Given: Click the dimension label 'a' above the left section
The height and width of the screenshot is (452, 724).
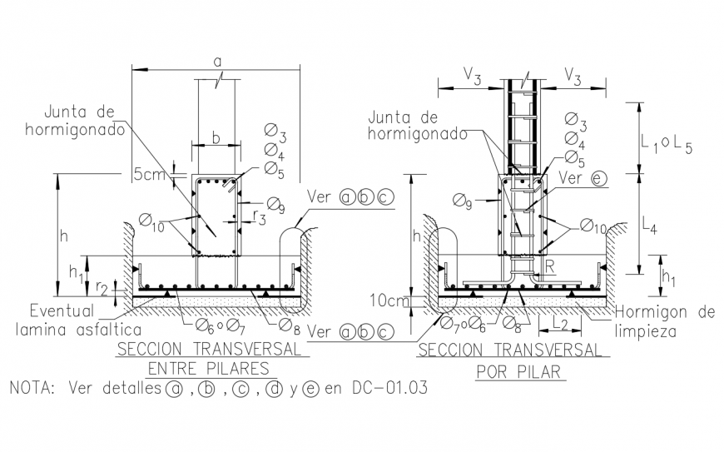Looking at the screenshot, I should pyautogui.click(x=217, y=61).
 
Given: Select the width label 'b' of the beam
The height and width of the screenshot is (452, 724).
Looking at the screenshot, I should pyautogui.click(x=216, y=138).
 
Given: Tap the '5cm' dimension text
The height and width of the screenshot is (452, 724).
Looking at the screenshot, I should pyautogui.click(x=149, y=175).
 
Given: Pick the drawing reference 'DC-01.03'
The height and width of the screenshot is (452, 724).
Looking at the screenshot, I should pyautogui.click(x=392, y=389).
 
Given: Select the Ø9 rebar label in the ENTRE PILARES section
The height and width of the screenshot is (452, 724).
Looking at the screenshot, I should pyautogui.click(x=275, y=203).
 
